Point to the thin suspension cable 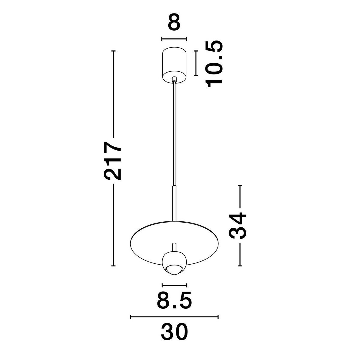(174, 135)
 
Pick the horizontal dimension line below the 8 (174, 39)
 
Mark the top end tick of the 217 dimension (113, 51)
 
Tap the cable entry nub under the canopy (174, 79)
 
